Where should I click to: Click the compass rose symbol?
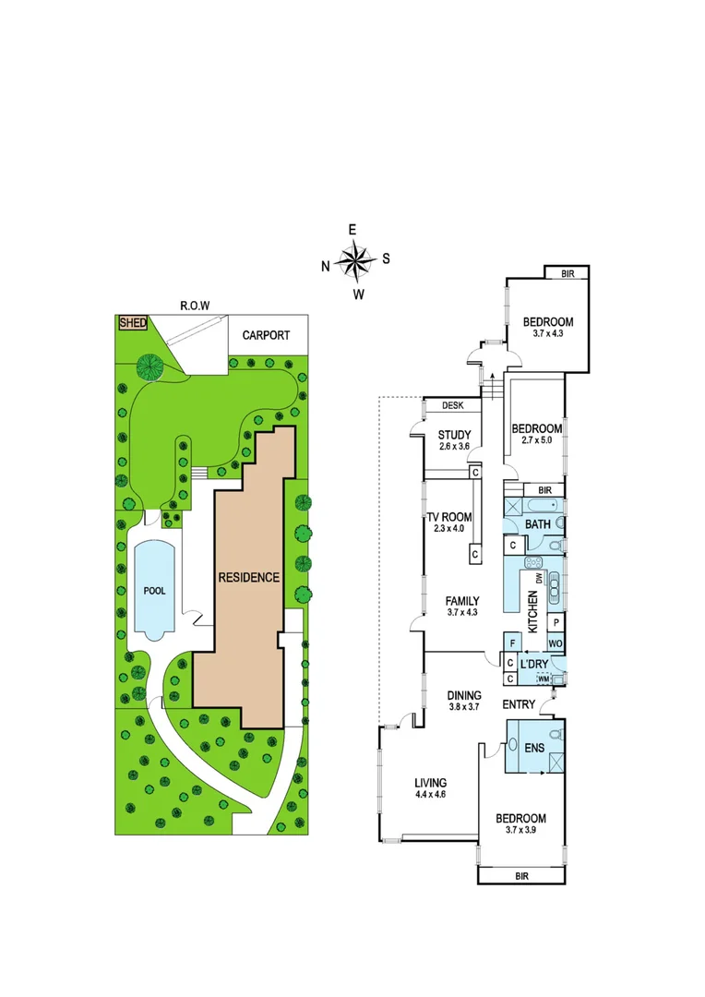tap(354, 261)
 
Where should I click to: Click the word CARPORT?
tap(267, 335)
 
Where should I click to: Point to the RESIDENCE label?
tap(248, 578)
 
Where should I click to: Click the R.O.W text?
tap(195, 306)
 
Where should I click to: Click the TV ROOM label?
tap(451, 517)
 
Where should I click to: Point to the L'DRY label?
tap(534, 665)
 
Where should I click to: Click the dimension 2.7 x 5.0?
tap(536, 442)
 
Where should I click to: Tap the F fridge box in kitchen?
tap(510, 643)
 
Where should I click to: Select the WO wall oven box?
tap(556, 643)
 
